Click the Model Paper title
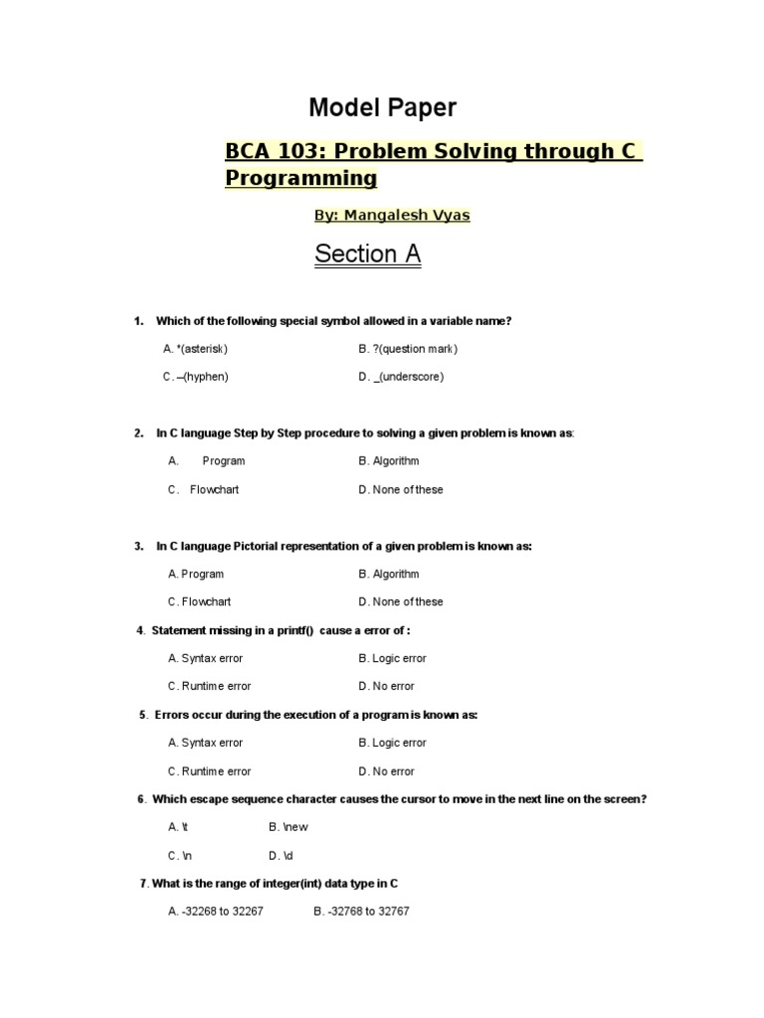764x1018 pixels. pyautogui.click(x=382, y=108)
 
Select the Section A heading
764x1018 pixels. pyautogui.click(x=367, y=254)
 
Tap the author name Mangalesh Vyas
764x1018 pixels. pyautogui.click(x=407, y=215)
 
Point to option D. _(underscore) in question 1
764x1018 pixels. pyautogui.click(x=401, y=377)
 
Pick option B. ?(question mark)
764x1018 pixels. pyautogui.click(x=408, y=349)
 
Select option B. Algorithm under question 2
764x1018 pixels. pyautogui.click(x=389, y=461)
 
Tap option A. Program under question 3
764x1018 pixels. pyautogui.click(x=196, y=574)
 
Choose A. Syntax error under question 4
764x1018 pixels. pyautogui.click(x=205, y=658)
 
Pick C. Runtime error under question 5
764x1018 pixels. pyautogui.click(x=209, y=771)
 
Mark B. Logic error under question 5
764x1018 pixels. pyautogui.click(x=392, y=743)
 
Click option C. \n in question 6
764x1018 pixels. pyautogui.click(x=180, y=856)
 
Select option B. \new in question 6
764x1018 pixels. pyautogui.click(x=288, y=827)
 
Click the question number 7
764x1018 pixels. pyautogui.click(x=144, y=884)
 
